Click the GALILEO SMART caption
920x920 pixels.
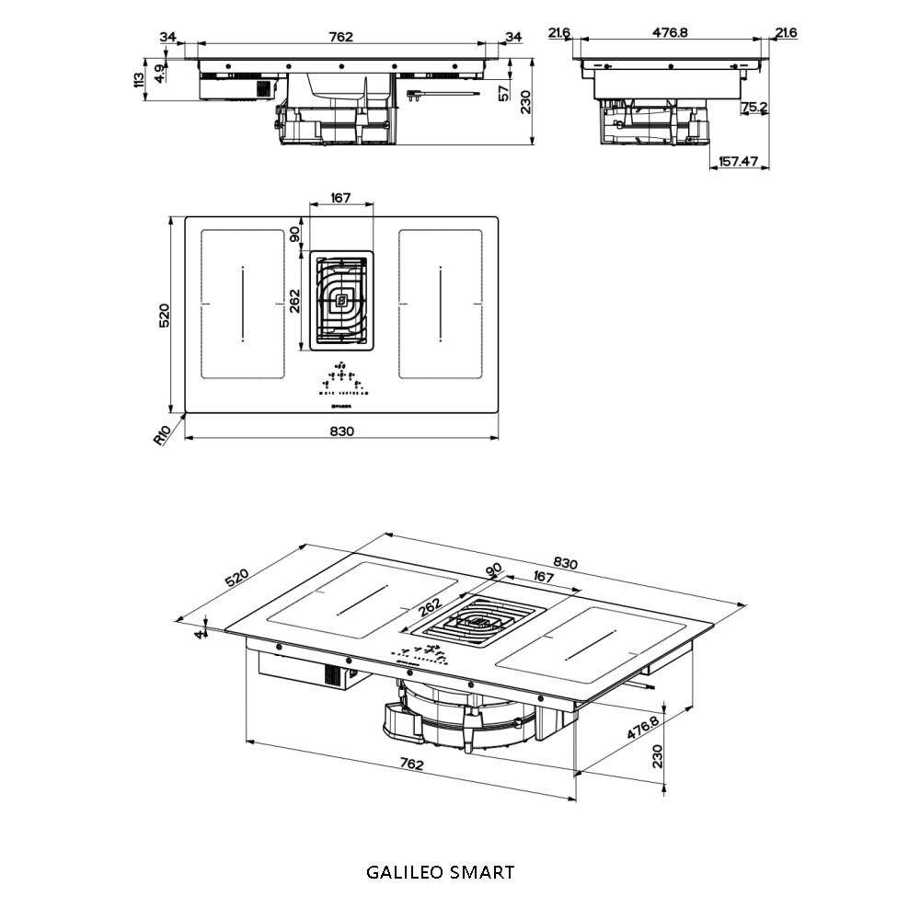pyautogui.click(x=440, y=871)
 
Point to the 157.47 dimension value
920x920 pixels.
pyautogui.click(x=739, y=161)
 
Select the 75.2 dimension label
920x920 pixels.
pyautogui.click(x=754, y=108)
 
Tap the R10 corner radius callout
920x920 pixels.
pyautogui.click(x=162, y=433)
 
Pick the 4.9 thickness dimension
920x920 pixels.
pyautogui.click(x=160, y=74)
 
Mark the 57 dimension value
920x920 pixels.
pyautogui.click(x=503, y=92)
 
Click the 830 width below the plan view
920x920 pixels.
pyautogui.click(x=341, y=431)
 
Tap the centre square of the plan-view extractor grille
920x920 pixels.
pyautogui.click(x=341, y=299)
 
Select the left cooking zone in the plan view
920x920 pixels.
pyautogui.click(x=242, y=304)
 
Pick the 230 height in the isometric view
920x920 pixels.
pyautogui.click(x=657, y=756)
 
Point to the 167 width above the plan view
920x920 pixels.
pyautogui.click(x=341, y=198)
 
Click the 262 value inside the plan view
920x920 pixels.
pyautogui.click(x=295, y=300)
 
